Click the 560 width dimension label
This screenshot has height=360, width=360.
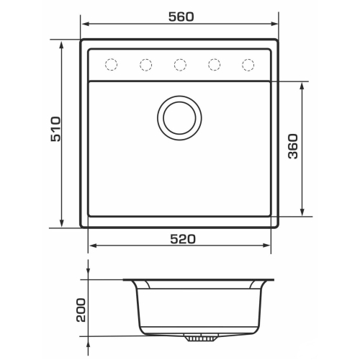[181, 17]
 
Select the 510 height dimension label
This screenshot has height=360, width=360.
[56, 129]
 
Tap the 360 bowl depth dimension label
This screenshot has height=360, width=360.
[293, 146]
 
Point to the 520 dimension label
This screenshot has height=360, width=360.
[183, 239]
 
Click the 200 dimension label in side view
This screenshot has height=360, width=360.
[81, 310]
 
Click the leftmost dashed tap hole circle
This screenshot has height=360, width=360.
[112, 64]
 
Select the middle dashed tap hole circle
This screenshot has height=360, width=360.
[180, 65]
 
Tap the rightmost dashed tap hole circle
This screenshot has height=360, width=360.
[248, 65]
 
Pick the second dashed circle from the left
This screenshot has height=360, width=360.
[145, 65]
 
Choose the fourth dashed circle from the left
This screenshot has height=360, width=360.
[214, 65]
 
